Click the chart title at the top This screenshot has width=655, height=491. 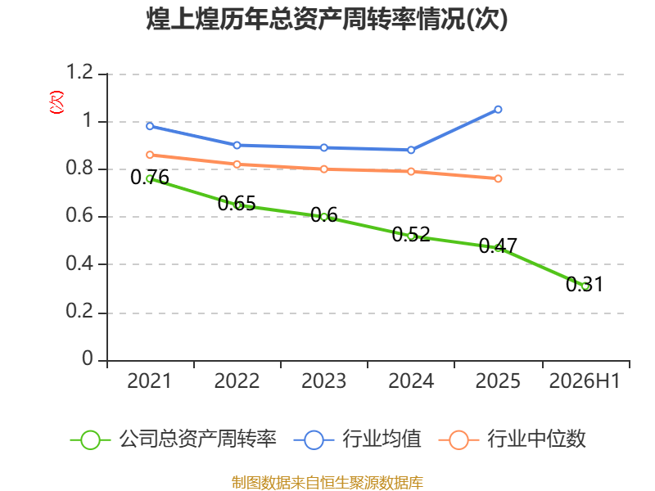tap(327, 19)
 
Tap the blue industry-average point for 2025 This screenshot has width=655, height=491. tap(498, 110)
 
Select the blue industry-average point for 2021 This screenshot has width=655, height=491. tap(150, 126)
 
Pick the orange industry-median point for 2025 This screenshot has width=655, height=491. tap(498, 178)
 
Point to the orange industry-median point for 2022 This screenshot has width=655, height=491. tap(237, 164)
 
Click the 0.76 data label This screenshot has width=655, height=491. tap(150, 178)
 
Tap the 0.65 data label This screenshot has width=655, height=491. tap(237, 204)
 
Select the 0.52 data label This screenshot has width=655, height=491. tap(411, 235)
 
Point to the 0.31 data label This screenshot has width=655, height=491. tap(585, 285)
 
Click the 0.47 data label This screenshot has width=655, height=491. tap(498, 246)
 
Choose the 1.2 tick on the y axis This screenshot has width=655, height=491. tap(79, 72)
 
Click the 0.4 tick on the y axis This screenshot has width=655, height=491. tap(79, 264)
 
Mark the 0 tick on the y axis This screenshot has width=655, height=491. tap(88, 358)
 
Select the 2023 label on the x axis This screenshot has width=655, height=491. tap(323, 381)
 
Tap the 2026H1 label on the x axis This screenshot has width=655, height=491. tap(585, 381)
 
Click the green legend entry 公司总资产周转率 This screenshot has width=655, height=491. tap(174, 439)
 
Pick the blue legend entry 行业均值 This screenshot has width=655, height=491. tap(358, 439)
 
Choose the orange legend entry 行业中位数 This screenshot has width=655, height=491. tap(513, 439)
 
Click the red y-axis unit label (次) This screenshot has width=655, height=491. tap(56, 102)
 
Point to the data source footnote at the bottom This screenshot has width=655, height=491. tap(327, 483)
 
